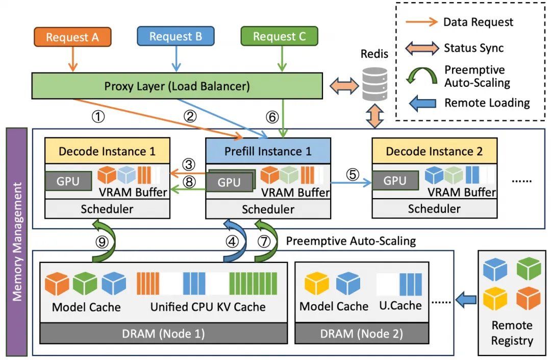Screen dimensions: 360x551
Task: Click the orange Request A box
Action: (72, 37)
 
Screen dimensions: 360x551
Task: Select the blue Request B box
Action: (176, 36)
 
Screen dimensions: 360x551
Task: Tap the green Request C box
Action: (279, 36)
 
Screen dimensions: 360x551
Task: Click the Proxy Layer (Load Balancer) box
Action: (177, 86)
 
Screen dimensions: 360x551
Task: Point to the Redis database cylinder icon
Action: (374, 85)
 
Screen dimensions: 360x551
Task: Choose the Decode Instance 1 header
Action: (107, 151)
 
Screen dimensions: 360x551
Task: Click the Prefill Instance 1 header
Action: (268, 151)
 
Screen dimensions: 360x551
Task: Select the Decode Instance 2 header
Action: (434, 151)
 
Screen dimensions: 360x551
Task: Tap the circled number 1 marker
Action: (98, 117)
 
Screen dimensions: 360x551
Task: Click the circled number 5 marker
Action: (353, 174)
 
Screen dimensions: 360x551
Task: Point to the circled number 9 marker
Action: (103, 242)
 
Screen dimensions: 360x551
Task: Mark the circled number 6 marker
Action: (273, 117)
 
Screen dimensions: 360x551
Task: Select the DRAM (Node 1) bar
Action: (164, 334)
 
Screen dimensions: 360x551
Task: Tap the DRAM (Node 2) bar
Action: (362, 334)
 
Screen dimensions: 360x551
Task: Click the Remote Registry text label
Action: (512, 333)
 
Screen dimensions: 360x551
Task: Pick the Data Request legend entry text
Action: (478, 22)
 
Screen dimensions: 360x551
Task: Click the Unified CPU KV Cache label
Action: (208, 307)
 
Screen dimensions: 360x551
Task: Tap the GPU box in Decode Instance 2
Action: (394, 180)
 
